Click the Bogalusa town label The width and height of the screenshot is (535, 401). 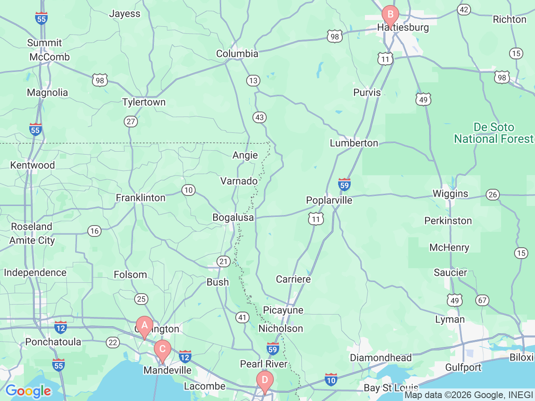[233, 218]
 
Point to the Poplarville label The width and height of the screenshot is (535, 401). [329, 200]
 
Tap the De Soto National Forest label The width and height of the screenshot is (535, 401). [494, 133]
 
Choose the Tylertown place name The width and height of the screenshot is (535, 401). [144, 102]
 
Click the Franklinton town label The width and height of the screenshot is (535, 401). [140, 198]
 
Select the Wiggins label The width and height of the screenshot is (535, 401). [450, 194]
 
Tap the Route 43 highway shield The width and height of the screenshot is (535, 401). [260, 117]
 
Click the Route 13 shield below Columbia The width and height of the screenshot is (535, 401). [253, 81]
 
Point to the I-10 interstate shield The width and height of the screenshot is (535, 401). [331, 380]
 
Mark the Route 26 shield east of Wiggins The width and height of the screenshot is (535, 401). [493, 195]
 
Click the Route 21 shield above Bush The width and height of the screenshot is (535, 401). [224, 262]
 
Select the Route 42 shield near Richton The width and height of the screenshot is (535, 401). [464, 10]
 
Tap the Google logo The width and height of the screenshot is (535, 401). [28, 391]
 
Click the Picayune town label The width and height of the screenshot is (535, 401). [283, 310]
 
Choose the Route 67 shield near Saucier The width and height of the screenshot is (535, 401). [482, 300]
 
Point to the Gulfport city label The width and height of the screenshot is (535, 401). [463, 368]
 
